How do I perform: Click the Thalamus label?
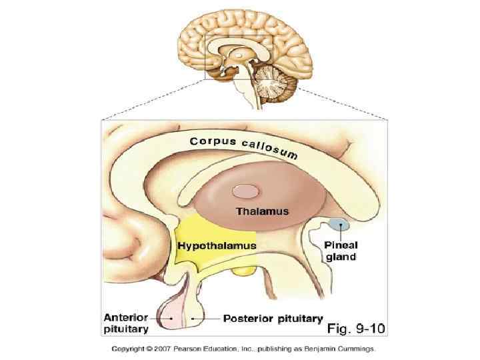pyautogui.click(x=263, y=211)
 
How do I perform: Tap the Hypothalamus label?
pyautogui.click(x=217, y=246)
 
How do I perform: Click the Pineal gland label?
pyautogui.click(x=341, y=250)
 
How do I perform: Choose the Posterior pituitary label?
pyautogui.click(x=273, y=318)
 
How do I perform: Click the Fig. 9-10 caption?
pyautogui.click(x=356, y=328)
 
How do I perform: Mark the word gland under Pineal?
pyautogui.click(x=341, y=256)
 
